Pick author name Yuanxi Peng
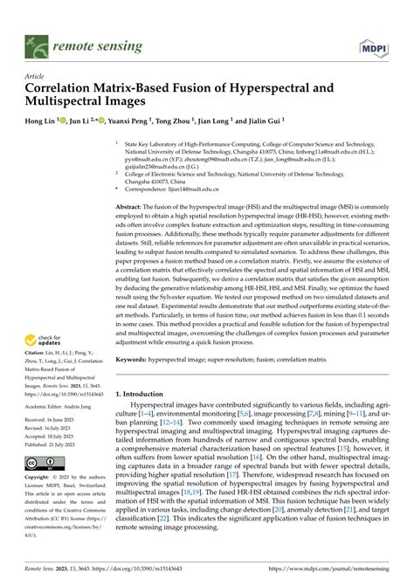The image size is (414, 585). [135, 122]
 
